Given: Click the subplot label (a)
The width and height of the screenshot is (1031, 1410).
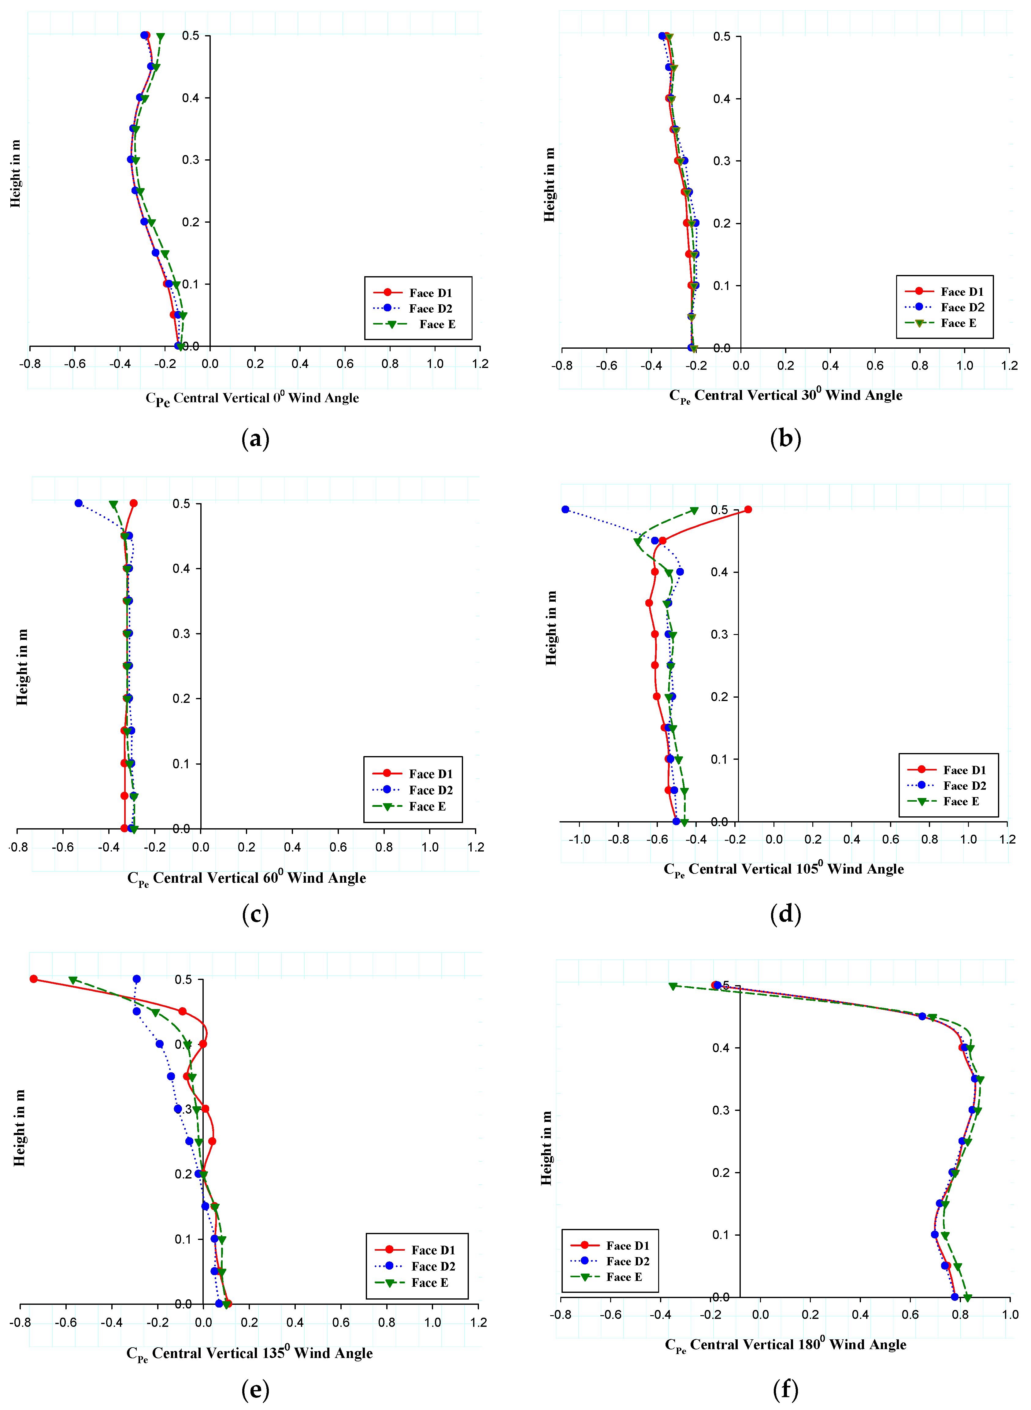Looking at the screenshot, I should coord(255,439).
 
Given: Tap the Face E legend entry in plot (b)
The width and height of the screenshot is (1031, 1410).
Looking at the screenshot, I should coord(958,323).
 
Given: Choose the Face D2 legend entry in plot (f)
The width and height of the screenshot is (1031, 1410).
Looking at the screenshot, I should coord(627,1261).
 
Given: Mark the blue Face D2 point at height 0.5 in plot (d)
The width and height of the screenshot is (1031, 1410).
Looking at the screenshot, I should coord(566,509).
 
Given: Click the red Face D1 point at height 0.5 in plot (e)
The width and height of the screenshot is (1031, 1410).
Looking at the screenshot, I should coord(34,979).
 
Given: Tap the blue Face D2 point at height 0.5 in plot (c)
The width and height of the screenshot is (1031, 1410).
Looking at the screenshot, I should coord(79,503).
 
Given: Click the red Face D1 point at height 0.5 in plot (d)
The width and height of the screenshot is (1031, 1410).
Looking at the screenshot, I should coord(748,509).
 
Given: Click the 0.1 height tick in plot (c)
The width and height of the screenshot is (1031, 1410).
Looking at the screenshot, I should coord(182,763).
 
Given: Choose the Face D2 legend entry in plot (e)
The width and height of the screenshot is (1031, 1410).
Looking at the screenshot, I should coord(432,1266).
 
